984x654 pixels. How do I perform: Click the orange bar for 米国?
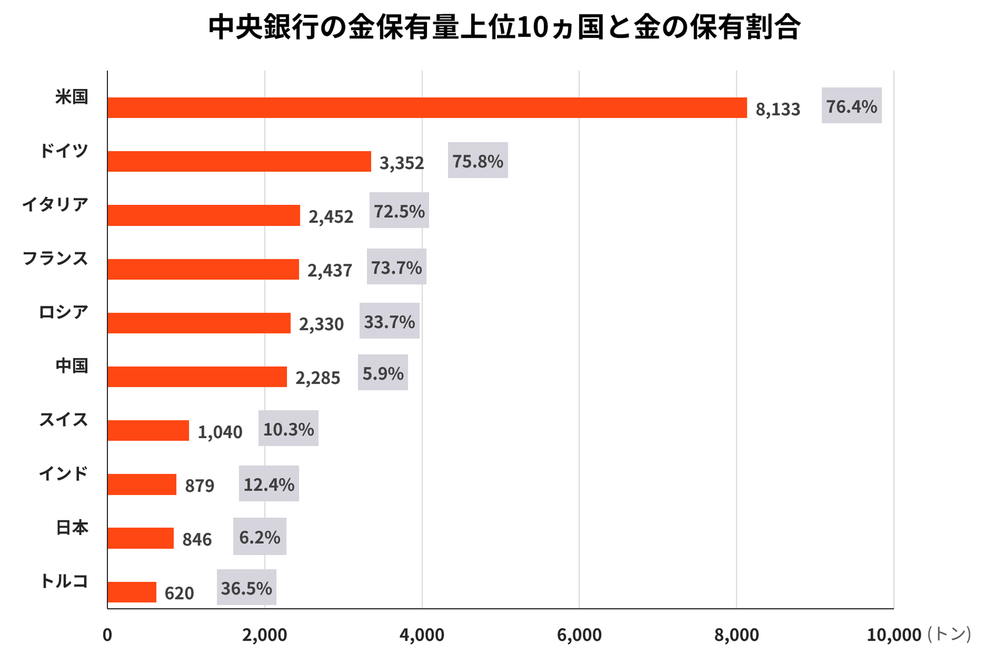[x=427, y=107]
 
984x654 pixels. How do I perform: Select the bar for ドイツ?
[x=239, y=161]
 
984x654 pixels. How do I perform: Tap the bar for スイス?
[x=148, y=430]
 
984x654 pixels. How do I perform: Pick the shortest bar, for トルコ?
[x=131, y=592]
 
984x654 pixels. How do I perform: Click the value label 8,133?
[x=777, y=109]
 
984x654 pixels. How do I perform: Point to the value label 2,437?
[x=329, y=270]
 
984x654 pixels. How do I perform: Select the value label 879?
[x=199, y=485]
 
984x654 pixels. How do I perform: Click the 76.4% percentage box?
[x=851, y=106]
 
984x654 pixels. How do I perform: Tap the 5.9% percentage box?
[x=383, y=373]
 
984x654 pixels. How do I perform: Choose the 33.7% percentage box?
[x=389, y=321]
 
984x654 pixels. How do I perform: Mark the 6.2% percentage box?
[x=259, y=537]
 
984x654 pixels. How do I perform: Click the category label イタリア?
[x=55, y=204]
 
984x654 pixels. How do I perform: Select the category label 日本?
[x=71, y=527]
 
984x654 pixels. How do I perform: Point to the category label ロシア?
[x=63, y=312]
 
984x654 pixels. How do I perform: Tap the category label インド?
[x=63, y=473]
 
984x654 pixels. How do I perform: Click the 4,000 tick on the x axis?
[x=422, y=635]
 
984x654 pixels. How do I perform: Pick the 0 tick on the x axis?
[x=107, y=635]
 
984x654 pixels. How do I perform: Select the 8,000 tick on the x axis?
[x=736, y=635]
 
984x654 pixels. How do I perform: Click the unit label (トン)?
[x=949, y=634]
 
